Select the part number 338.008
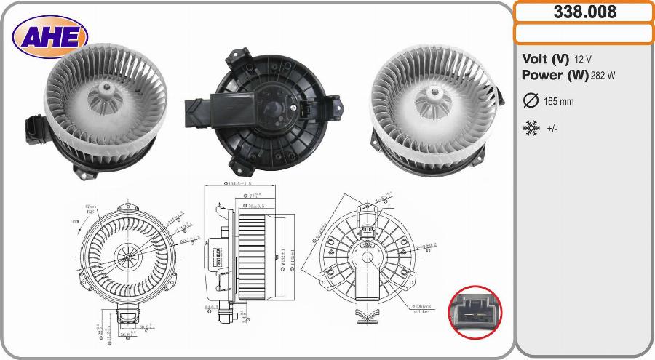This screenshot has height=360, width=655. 584,12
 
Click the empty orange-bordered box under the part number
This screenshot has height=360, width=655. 584,33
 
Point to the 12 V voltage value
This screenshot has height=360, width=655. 582,59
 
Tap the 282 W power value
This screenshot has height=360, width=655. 603,75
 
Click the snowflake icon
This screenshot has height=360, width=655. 531,128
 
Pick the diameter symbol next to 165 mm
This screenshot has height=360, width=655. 531,101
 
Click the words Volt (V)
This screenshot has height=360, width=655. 545,59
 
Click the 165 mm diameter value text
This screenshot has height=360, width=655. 557,102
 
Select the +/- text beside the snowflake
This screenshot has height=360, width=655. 553,128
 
